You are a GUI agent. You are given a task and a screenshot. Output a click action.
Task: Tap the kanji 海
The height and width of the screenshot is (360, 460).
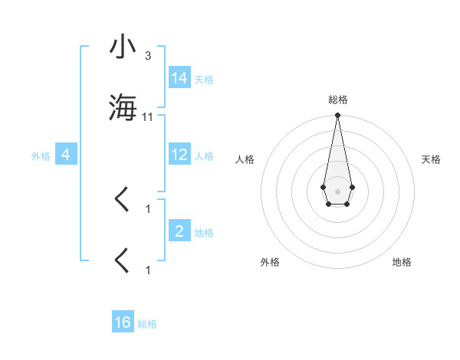pyautogui.click(x=123, y=108)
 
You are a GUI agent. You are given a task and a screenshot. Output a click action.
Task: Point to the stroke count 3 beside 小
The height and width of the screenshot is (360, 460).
pyautogui.click(x=148, y=56)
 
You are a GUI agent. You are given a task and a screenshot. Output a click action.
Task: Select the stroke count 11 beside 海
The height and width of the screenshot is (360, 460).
pyautogui.click(x=148, y=116)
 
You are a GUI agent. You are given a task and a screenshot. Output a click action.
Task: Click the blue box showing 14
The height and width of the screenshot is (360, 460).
pyautogui.click(x=179, y=78)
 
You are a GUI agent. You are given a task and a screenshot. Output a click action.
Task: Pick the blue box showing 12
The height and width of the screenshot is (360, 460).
pyautogui.click(x=179, y=155)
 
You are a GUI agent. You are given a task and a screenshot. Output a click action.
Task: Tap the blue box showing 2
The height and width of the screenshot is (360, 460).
pyautogui.click(x=179, y=231)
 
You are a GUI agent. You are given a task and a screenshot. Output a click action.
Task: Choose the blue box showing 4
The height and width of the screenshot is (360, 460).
pyautogui.click(x=66, y=155)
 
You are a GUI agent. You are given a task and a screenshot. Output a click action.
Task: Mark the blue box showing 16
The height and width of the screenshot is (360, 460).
pyautogui.click(x=123, y=322)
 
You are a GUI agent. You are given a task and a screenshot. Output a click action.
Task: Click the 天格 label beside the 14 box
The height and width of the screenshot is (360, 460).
pyautogui.click(x=204, y=79)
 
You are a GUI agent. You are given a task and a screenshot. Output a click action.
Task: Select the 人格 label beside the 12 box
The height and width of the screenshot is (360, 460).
pyautogui.click(x=204, y=155)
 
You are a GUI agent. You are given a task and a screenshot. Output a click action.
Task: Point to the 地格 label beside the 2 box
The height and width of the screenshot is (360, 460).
pyautogui.click(x=204, y=232)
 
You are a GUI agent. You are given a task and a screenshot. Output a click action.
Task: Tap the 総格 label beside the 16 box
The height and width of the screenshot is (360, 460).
pyautogui.click(x=147, y=323)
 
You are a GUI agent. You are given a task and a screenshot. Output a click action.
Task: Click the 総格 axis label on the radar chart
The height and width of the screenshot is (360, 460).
pyautogui.click(x=337, y=100)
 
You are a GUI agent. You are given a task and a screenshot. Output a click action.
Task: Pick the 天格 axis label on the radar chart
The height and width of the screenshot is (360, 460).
pyautogui.click(x=432, y=159)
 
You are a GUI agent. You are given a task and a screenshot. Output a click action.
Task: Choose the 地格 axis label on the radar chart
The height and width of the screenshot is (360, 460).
pyautogui.click(x=402, y=262)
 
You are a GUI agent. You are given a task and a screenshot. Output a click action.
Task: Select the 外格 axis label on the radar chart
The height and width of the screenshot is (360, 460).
pyautogui.click(x=270, y=262)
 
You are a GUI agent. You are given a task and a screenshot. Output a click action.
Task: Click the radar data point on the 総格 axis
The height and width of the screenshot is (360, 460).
pyautogui.click(x=337, y=116)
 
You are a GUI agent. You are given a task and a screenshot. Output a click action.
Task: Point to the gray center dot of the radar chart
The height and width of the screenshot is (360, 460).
pyautogui.click(x=337, y=190)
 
